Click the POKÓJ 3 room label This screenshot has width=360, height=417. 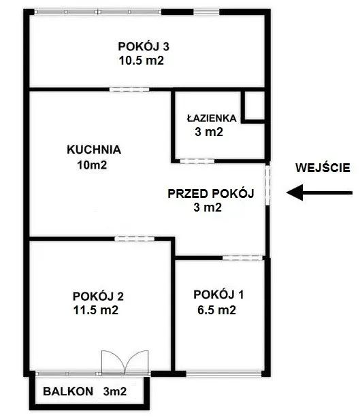tap(144, 47)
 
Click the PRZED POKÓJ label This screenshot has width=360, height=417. tap(210, 194)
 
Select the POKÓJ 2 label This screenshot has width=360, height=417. tap(98, 296)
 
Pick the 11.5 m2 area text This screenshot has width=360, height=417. tap(97, 310)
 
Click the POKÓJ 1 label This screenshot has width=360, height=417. tap(218, 295)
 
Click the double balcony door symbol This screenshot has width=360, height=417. tap(123, 363)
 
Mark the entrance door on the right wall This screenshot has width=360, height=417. tap(268, 185)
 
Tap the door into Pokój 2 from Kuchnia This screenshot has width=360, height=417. tap(129, 237)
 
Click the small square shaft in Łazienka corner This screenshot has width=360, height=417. tap(255, 107)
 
